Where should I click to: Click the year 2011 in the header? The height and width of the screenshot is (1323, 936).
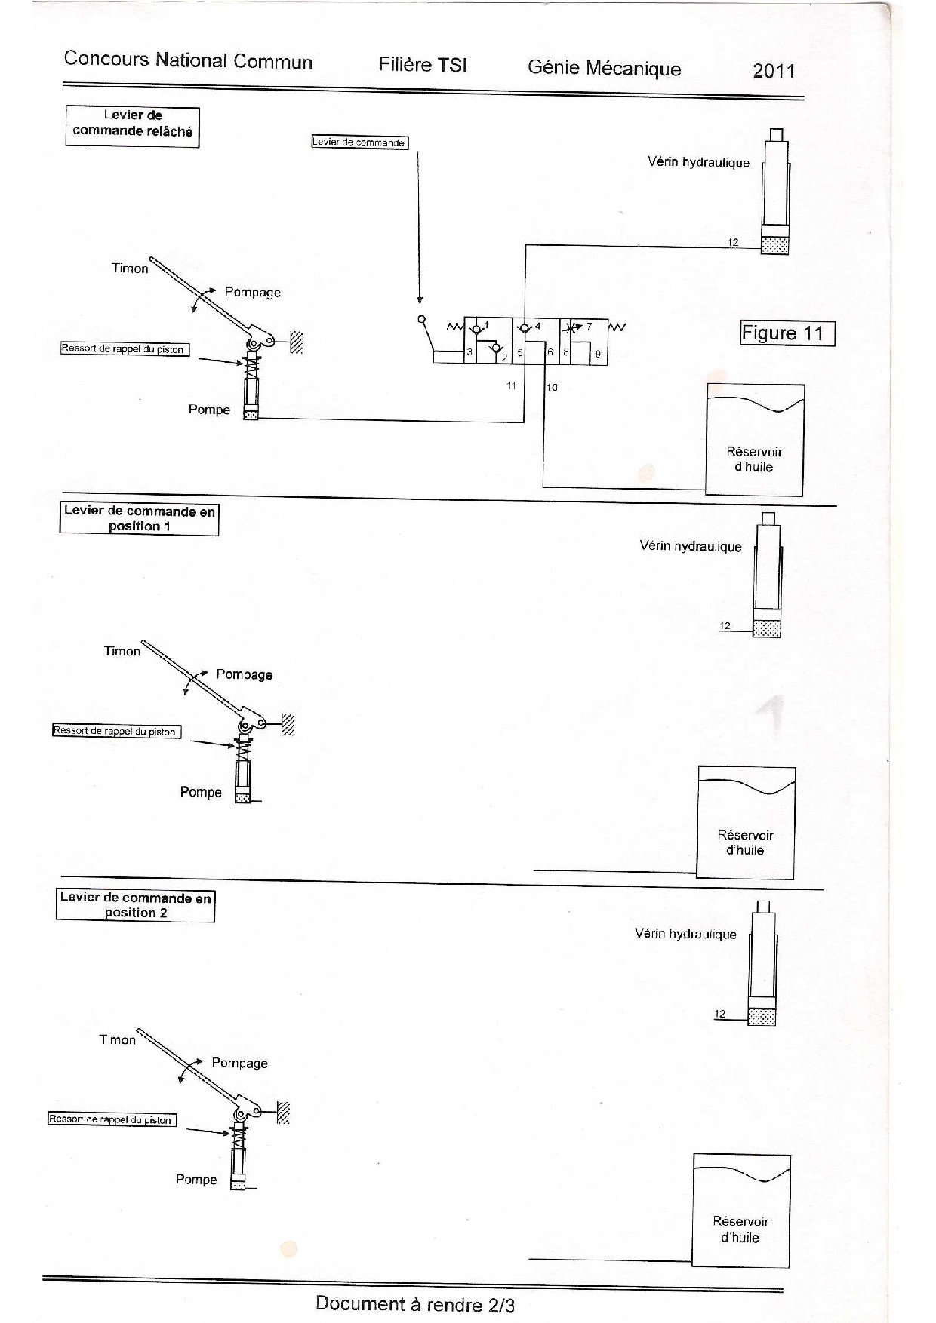pos(774,71)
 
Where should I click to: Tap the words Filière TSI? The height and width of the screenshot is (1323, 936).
pos(423,65)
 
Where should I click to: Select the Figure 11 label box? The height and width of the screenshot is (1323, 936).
pos(788,333)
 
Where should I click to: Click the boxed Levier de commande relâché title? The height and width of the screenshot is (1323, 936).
pos(133,126)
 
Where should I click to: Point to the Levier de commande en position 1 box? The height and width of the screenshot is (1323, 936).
pos(140,518)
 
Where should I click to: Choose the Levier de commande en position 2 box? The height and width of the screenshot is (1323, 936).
pos(136,905)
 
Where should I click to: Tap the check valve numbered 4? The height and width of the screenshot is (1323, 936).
pos(525,327)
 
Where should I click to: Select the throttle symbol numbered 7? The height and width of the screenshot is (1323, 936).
pos(576,328)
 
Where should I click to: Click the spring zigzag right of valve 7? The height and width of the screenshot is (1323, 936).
pos(617,327)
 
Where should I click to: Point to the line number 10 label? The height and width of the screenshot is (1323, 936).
pos(553,388)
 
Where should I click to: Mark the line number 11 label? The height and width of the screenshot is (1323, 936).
pos(511,385)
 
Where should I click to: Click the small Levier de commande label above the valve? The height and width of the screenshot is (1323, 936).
pos(360,142)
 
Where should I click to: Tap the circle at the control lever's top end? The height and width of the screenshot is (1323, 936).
pos(422,320)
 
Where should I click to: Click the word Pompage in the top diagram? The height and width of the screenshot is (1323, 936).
pos(252,293)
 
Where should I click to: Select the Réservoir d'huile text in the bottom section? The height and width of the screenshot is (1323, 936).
pos(740,1229)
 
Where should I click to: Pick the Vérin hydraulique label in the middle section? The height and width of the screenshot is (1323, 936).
pos(691,546)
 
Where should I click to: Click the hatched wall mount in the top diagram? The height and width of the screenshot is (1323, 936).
pos(296,342)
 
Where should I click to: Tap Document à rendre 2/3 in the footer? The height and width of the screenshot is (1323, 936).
pos(415,1304)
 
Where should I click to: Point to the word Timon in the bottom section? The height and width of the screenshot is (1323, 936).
pos(117,1039)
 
